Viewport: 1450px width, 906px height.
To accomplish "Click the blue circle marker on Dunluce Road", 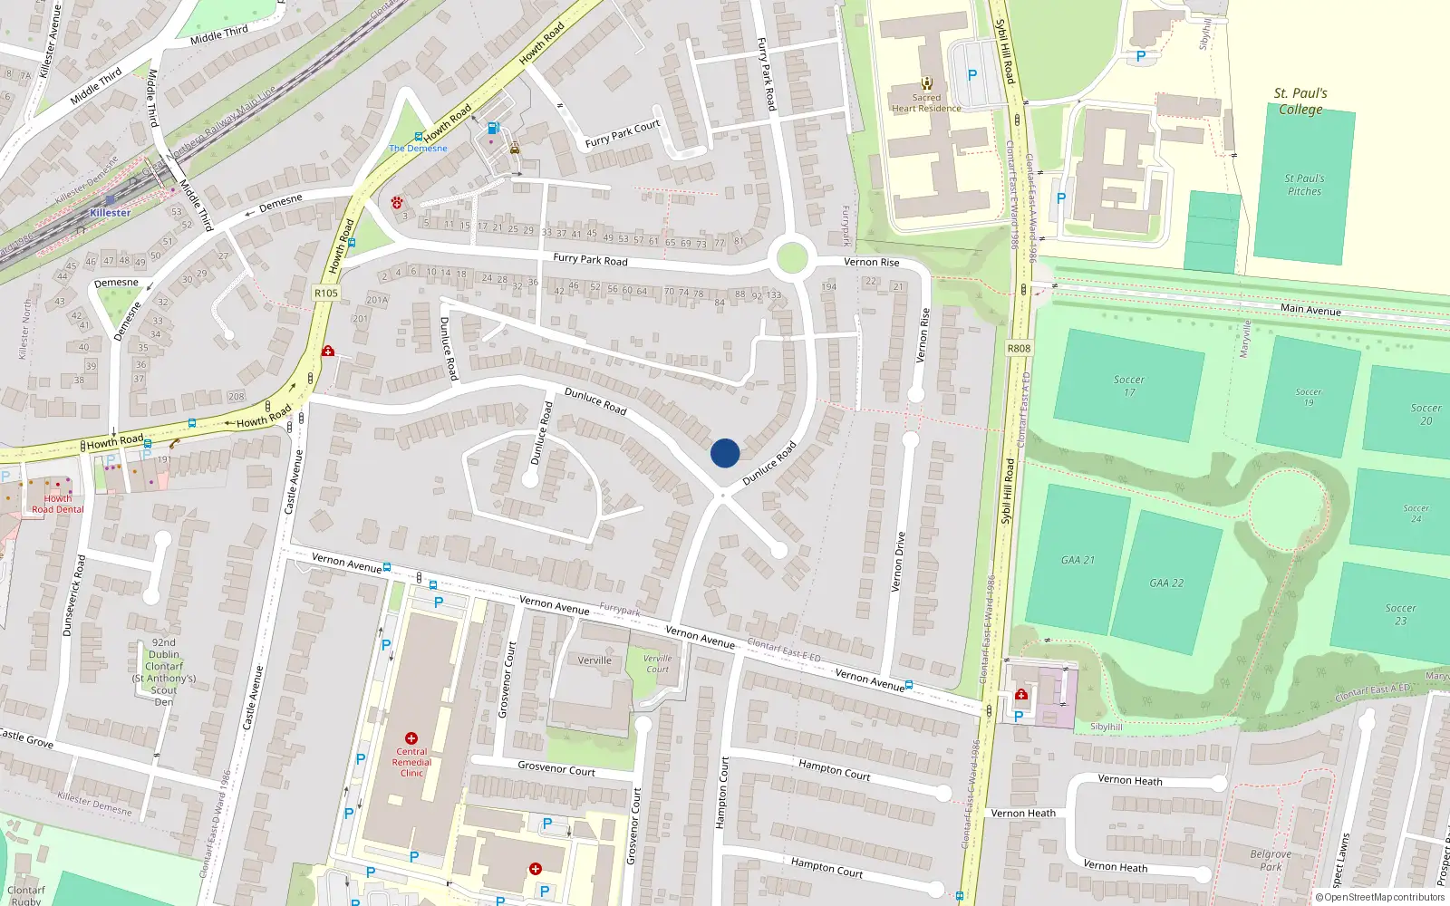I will tap(725, 453).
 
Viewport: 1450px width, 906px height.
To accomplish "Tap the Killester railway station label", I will tap(110, 213).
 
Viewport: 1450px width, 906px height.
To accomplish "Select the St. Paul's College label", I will tap(1300, 101).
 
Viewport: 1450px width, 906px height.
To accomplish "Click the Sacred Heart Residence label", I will tap(926, 103).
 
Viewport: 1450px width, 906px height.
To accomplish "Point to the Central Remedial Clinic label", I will tap(411, 762).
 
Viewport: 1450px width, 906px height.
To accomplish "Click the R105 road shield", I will tap(325, 293).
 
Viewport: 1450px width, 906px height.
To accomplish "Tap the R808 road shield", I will tap(1019, 348).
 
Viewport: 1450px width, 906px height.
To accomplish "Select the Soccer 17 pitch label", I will tap(1129, 386).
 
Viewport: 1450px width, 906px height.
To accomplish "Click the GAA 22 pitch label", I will tap(1166, 583).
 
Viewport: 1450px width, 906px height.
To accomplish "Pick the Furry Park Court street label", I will tap(623, 133).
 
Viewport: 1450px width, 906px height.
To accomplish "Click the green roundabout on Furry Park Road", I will tap(791, 257).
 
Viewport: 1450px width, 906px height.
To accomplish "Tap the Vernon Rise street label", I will tap(872, 263).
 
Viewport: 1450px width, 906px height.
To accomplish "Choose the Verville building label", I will tap(594, 660).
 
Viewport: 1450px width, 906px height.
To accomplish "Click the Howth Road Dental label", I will tap(57, 504).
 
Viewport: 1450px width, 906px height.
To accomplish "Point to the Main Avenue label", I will tap(1310, 310).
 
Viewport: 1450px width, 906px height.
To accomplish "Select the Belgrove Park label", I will tap(1271, 860).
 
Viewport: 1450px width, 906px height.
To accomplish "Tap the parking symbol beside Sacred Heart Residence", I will tap(972, 76).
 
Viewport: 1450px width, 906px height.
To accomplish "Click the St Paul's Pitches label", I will tap(1304, 185).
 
